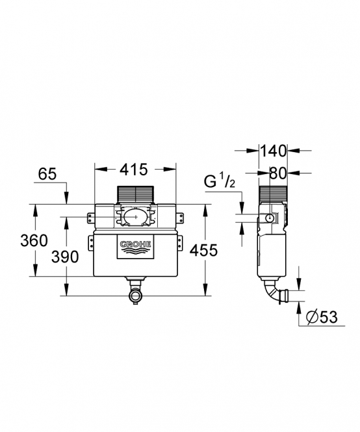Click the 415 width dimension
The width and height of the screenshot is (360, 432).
tap(134, 170)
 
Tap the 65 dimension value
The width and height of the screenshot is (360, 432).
tap(47, 174)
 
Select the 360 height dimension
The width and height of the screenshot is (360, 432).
tap(34, 240)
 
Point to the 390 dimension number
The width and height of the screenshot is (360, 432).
tap(65, 257)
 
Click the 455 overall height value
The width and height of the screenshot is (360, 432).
tap(204, 251)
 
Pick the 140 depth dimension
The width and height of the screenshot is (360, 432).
tap(273, 151)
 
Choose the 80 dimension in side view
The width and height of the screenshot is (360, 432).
tap(277, 173)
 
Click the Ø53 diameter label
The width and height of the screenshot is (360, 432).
tap(322, 317)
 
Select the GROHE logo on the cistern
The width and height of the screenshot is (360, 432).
tap(135, 247)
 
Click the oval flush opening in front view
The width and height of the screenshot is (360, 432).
tap(135, 217)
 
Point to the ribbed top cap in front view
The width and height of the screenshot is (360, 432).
tap(135, 194)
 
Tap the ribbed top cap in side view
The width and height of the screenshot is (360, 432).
tap(273, 195)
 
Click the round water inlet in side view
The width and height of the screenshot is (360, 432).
tap(270, 218)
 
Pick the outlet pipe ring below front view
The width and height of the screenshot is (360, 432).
tap(135, 296)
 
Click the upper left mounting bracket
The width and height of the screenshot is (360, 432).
tap(91, 218)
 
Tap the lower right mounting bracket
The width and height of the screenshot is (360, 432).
tap(179, 244)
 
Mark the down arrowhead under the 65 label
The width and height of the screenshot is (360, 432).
tap(67, 198)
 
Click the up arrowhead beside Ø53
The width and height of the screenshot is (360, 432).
tap(299, 308)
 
